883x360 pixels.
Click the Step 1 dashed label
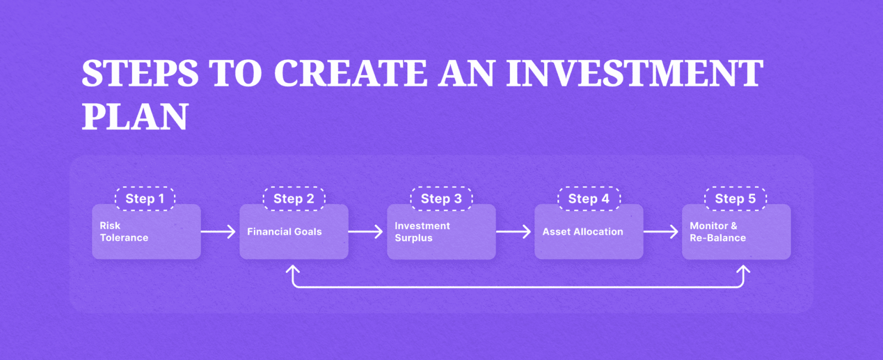(x=145, y=199)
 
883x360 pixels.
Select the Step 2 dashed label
(x=294, y=199)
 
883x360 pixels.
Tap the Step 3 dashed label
(x=441, y=199)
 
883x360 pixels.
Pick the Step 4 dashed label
(x=589, y=199)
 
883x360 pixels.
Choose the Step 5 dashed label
(x=736, y=199)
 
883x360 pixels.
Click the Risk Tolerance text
(x=124, y=232)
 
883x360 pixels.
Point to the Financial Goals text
(x=284, y=232)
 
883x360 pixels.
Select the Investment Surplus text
(x=422, y=232)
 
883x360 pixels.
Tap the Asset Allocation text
(x=582, y=232)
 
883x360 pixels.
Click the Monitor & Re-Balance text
(x=717, y=232)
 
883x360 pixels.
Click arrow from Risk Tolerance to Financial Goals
(x=219, y=232)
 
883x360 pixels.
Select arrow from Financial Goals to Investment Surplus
(x=366, y=232)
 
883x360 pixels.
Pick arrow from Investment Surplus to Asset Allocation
(x=514, y=232)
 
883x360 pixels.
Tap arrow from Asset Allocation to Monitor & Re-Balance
(x=661, y=232)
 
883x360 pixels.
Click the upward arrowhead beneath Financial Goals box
(x=293, y=270)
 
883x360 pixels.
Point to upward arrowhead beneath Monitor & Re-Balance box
(x=743, y=270)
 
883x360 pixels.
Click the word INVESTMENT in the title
(x=635, y=73)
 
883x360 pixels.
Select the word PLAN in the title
(x=135, y=117)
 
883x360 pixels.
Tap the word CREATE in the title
(x=350, y=73)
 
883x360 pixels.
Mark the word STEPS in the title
(x=140, y=73)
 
